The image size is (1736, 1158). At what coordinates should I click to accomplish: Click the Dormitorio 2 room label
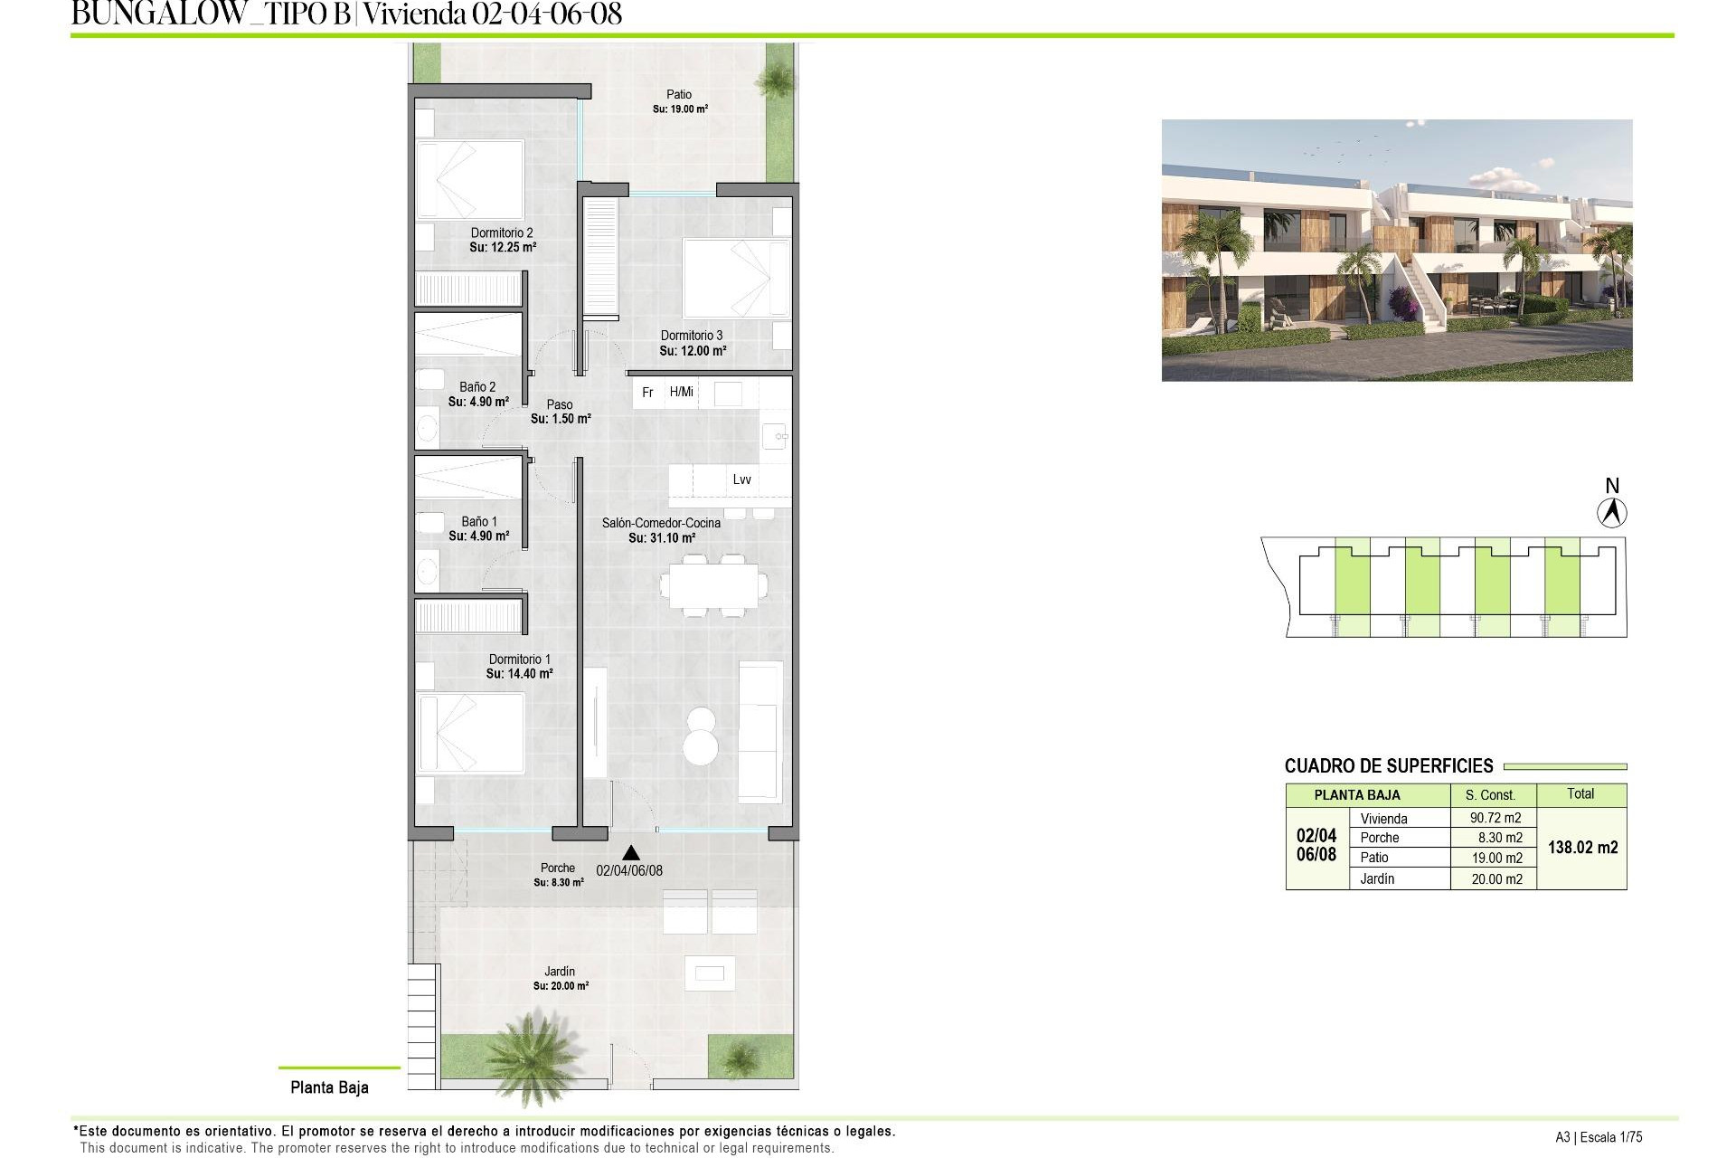[502, 233]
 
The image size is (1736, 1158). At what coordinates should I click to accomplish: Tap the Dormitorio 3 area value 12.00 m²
[693, 351]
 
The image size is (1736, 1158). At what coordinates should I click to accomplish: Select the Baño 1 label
[479, 521]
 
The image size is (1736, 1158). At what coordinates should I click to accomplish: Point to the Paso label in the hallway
[560, 404]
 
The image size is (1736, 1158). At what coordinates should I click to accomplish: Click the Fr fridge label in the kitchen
[647, 393]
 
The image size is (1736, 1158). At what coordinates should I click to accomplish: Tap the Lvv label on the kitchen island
[741, 479]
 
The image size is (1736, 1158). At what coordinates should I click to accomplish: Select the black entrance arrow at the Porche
[631, 852]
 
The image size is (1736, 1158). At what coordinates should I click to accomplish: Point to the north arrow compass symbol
[1611, 513]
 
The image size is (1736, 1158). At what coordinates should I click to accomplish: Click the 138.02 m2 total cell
[1582, 848]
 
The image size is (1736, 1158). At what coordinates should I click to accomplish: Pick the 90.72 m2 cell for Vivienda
[1495, 818]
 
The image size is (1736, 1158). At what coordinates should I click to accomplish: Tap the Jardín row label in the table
[1377, 878]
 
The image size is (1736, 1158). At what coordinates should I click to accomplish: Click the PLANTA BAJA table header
[1356, 795]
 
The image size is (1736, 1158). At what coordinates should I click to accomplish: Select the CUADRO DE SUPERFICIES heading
[1389, 766]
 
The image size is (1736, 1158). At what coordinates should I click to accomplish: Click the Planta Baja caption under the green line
[329, 1087]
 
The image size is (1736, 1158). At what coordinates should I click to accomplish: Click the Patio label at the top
[679, 94]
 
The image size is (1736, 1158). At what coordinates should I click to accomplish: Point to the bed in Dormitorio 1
[470, 733]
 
